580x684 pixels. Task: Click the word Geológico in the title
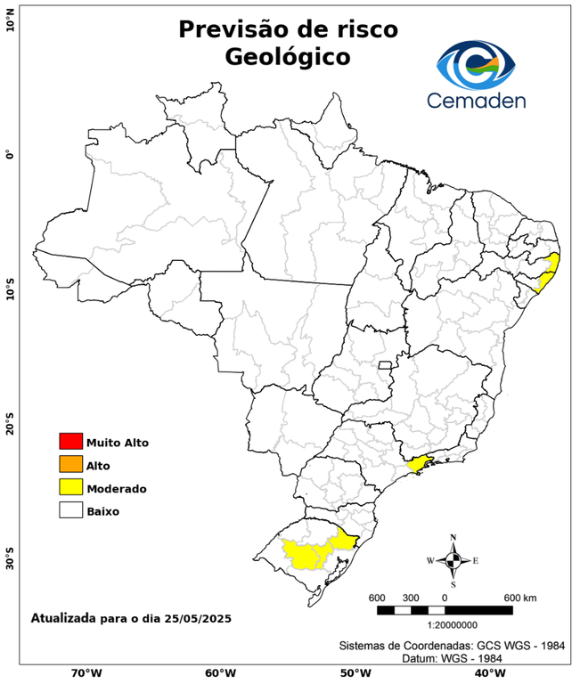(x=288, y=57)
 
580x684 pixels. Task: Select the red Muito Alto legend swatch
(x=70, y=442)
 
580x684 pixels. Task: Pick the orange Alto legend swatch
(x=70, y=465)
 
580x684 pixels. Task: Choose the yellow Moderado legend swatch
(x=70, y=488)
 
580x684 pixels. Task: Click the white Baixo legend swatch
(x=70, y=511)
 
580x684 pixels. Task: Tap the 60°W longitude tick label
(x=220, y=673)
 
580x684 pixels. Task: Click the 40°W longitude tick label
(x=487, y=673)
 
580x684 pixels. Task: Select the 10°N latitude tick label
(x=10, y=21)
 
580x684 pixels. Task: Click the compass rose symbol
(x=453, y=560)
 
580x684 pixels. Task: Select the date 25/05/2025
(x=194, y=617)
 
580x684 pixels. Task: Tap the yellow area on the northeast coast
(x=549, y=272)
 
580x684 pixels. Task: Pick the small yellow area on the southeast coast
(x=419, y=462)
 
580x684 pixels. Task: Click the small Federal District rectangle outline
(x=386, y=365)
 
